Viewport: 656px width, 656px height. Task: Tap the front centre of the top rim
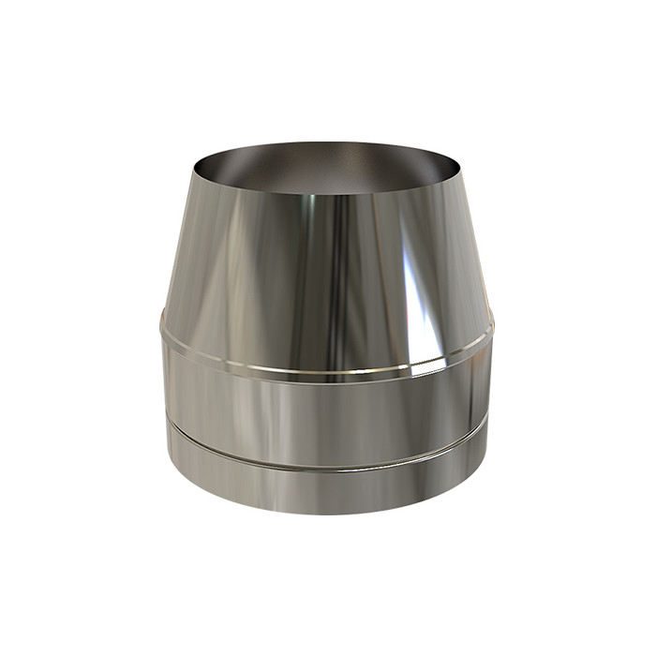coord(323,199)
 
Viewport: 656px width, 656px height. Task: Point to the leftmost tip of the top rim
coord(195,170)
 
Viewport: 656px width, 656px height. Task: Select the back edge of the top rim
coord(323,143)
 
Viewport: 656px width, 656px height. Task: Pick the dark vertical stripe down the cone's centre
coord(339,281)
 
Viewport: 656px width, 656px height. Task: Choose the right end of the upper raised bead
coord(493,323)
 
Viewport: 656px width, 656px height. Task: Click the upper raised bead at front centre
coord(323,372)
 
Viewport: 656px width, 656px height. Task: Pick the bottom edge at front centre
coord(323,514)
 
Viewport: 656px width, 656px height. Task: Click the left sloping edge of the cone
coord(177,244)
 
